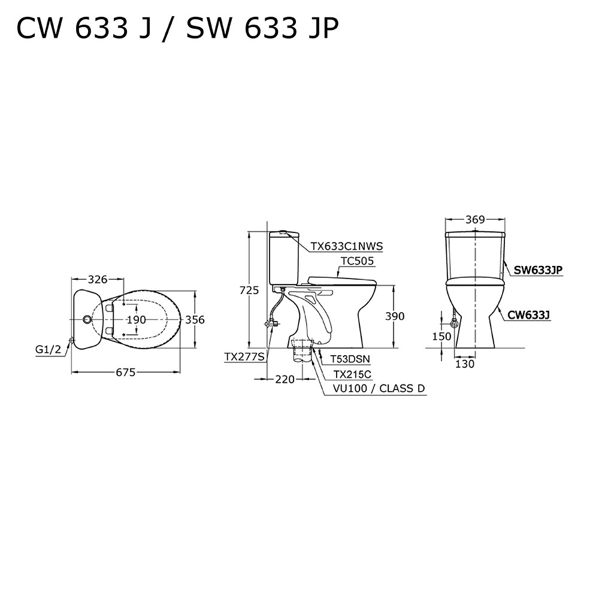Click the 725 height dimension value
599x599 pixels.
coord(249,291)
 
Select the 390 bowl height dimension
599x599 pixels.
coord(395,316)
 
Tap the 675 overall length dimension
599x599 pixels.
coord(126,372)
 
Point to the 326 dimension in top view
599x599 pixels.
coord(98,280)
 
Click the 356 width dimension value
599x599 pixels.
coord(195,319)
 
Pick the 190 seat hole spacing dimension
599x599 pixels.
coord(137,319)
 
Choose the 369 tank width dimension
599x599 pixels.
coord(475,220)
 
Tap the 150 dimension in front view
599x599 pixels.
coord(441,336)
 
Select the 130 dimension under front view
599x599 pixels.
coord(465,364)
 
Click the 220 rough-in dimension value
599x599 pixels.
coord(285,379)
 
